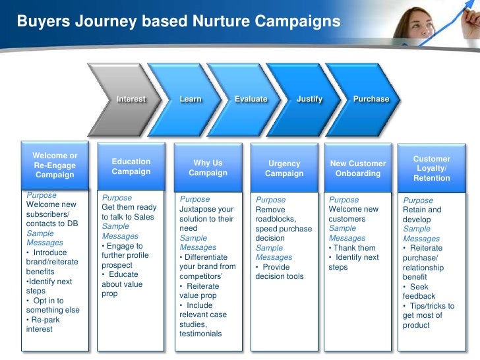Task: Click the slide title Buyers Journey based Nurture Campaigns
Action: pyautogui.click(x=179, y=22)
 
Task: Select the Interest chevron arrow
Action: pyautogui.click(x=131, y=99)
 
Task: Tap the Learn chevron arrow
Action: pyautogui.click(x=191, y=99)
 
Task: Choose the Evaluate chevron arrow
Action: pyautogui.click(x=251, y=99)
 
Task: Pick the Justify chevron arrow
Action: pyautogui.click(x=309, y=99)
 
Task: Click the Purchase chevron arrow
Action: pyautogui.click(x=371, y=99)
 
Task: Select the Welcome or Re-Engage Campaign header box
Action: pyautogui.click(x=55, y=165)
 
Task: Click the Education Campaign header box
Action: pyautogui.click(x=131, y=167)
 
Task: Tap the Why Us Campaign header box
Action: pyautogui.click(x=208, y=168)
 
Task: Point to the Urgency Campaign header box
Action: pyautogui.click(x=284, y=169)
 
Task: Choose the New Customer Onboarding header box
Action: pyautogui.click(x=358, y=169)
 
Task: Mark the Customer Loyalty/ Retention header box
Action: pyautogui.click(x=431, y=169)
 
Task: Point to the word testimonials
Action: pyautogui.click(x=200, y=334)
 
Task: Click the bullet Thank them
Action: pyautogui.click(x=355, y=248)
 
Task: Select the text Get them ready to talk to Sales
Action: pyautogui.click(x=129, y=212)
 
